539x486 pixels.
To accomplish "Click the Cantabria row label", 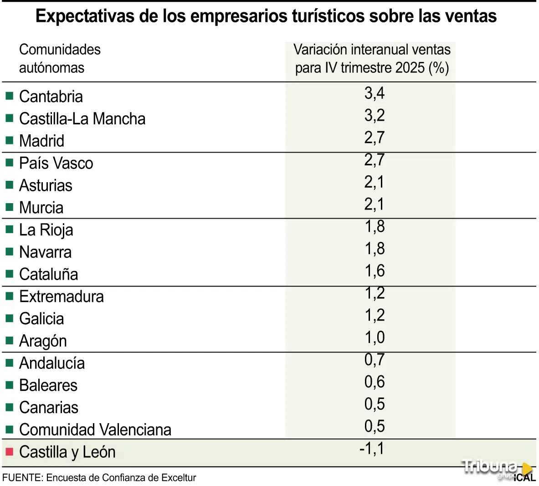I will (51, 97).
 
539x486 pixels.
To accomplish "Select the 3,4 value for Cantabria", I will (375, 93).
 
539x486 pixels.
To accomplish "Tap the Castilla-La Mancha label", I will (82, 119).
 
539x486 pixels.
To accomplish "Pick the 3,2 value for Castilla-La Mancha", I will (375, 116).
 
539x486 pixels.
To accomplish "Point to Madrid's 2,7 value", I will (375, 138).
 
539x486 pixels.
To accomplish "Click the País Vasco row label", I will (56, 163).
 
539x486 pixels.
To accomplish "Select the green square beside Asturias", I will (10, 185).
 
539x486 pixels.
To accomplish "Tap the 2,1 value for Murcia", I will (375, 205).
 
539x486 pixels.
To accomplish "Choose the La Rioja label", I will (46, 230).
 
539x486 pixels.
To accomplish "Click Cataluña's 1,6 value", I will (375, 271).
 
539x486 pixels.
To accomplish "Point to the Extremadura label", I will (62, 297).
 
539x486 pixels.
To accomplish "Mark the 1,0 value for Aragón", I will (375, 338).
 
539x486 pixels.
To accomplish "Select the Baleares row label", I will (48, 385).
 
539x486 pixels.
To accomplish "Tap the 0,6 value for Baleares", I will (375, 382).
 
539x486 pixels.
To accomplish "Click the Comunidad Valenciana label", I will (95, 430).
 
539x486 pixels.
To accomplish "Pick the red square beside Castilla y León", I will (10, 452).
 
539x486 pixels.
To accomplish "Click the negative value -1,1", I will (372, 449).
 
